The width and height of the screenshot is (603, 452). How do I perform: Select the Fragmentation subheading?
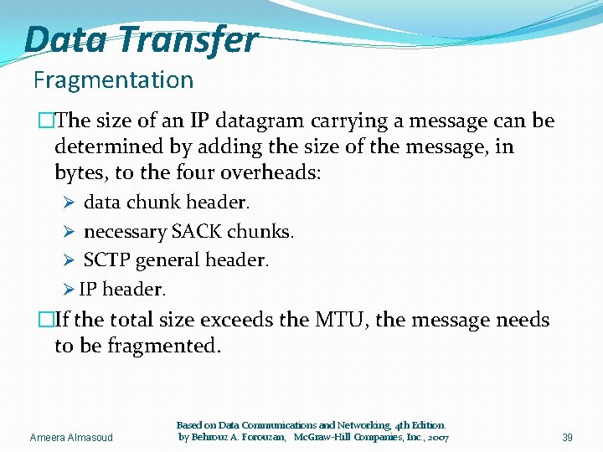click(113, 80)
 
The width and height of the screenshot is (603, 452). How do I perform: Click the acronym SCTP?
click(106, 260)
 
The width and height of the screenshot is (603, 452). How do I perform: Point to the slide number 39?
click(568, 437)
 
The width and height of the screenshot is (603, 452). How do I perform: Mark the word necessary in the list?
click(125, 231)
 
